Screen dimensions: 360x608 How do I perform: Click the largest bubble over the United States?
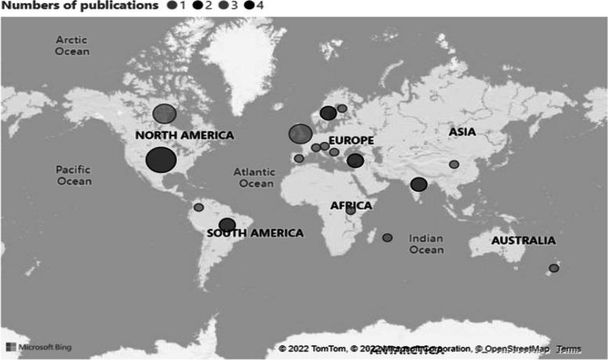pyautogui.click(x=160, y=160)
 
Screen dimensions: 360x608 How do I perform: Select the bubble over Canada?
pyautogui.click(x=164, y=113)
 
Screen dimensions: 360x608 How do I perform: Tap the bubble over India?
pyautogui.click(x=419, y=184)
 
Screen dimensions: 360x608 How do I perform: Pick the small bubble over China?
pyautogui.click(x=454, y=164)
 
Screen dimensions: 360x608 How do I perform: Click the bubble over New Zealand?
pyautogui.click(x=554, y=268)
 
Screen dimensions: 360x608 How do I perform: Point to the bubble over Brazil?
pyautogui.click(x=227, y=225)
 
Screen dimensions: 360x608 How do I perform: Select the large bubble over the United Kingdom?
pyautogui.click(x=300, y=134)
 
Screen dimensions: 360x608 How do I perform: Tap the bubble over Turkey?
pyautogui.click(x=355, y=160)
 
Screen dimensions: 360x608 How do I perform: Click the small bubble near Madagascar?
pyautogui.click(x=387, y=237)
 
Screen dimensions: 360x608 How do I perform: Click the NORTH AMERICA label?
pyautogui.click(x=185, y=135)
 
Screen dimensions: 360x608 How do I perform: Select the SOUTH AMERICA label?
pyautogui.click(x=255, y=233)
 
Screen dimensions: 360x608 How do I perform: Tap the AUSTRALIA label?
pyautogui.click(x=523, y=240)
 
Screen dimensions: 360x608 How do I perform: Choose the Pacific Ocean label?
pyautogui.click(x=74, y=175)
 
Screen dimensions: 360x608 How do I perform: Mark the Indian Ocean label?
pyautogui.click(x=426, y=243)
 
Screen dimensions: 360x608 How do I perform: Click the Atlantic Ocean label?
pyautogui.click(x=256, y=177)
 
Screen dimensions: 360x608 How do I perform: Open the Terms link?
pyautogui.click(x=569, y=348)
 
